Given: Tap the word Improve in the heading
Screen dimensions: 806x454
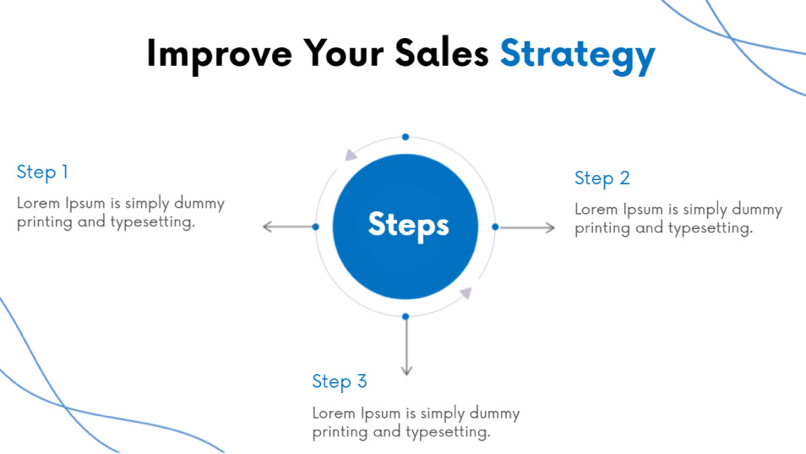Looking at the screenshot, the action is tap(220, 54).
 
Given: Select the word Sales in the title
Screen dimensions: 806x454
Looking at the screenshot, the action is tap(442, 52).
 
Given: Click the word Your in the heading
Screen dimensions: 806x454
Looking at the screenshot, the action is tap(343, 52).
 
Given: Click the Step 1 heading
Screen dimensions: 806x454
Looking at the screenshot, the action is tap(42, 172).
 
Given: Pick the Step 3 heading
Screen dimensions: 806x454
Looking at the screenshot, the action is tap(340, 382).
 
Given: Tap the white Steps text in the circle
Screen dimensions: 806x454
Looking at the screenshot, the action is tap(408, 225).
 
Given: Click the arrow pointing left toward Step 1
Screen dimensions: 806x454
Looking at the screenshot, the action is tap(288, 227).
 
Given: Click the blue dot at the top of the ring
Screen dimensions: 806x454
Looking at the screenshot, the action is tap(406, 137).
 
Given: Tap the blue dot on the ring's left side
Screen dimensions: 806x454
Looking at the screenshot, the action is tap(316, 227).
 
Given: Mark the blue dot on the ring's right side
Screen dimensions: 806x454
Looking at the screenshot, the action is tap(495, 227).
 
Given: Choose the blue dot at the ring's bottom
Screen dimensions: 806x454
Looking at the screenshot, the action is tap(406, 317).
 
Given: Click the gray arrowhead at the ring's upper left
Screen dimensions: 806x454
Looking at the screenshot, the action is tap(351, 154).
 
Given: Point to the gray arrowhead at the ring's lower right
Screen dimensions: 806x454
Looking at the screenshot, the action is tap(466, 293).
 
